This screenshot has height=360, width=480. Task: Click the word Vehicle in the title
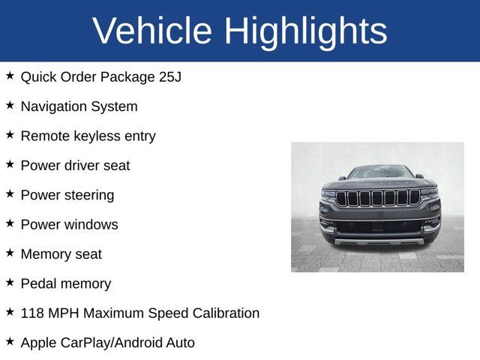click(152, 31)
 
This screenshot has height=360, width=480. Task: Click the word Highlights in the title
click(306, 31)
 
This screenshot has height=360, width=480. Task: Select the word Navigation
click(53, 106)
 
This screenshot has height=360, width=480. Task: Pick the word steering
click(88, 195)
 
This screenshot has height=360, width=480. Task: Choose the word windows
click(91, 224)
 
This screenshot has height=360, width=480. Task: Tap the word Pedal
click(38, 283)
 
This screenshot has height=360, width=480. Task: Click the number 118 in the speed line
click(32, 313)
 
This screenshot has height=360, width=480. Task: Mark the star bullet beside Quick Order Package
click(10, 76)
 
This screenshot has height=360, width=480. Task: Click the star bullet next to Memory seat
click(10, 253)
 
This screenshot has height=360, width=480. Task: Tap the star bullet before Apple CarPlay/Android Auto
click(10, 341)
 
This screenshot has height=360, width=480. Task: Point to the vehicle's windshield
click(379, 172)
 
